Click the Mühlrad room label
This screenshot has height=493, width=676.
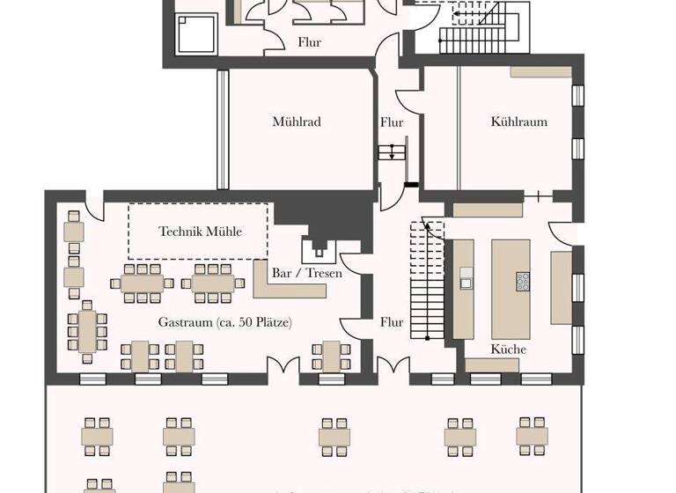click(296, 121)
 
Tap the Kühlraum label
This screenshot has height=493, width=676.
click(518, 121)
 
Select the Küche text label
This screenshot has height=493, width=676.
click(509, 350)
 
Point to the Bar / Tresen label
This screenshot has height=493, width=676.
click(307, 273)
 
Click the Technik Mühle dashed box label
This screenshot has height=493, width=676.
click(200, 232)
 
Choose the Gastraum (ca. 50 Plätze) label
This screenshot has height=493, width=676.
click(225, 322)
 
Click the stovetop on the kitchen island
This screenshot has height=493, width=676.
click(523, 282)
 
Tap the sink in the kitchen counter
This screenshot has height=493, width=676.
click(465, 283)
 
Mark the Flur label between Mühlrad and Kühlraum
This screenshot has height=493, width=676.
click(392, 122)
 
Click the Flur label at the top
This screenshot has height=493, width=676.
click(309, 42)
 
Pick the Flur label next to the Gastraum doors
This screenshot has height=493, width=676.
click(392, 322)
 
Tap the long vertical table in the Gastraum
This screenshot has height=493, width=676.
click(87, 330)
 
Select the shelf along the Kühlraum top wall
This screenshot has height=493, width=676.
click(540, 71)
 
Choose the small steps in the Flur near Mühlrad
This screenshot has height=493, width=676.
click(392, 152)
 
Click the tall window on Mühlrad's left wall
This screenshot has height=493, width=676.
click(223, 129)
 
